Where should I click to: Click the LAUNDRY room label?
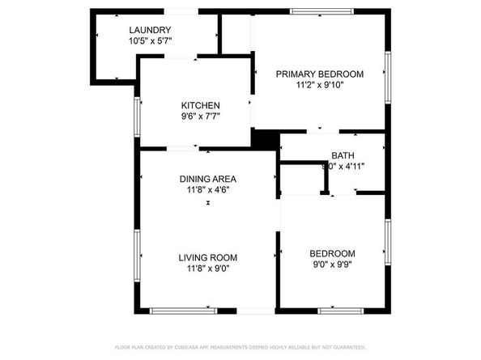point(149,31)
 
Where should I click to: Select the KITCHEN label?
point(200,106)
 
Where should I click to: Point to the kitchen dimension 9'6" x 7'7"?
point(200,116)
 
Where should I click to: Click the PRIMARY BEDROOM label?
point(319,74)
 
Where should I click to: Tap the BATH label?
point(343,155)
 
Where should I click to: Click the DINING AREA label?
point(208,179)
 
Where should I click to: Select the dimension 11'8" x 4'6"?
point(208,190)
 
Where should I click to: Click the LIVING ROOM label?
point(208,258)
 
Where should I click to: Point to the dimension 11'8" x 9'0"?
point(208,269)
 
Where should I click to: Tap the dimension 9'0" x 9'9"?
point(332,263)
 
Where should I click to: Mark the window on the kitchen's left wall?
point(137,118)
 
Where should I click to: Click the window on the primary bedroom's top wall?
point(322,11)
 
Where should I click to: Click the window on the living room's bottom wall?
point(183,310)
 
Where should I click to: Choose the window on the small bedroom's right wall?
point(388,242)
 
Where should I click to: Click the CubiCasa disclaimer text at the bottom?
point(240,347)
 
